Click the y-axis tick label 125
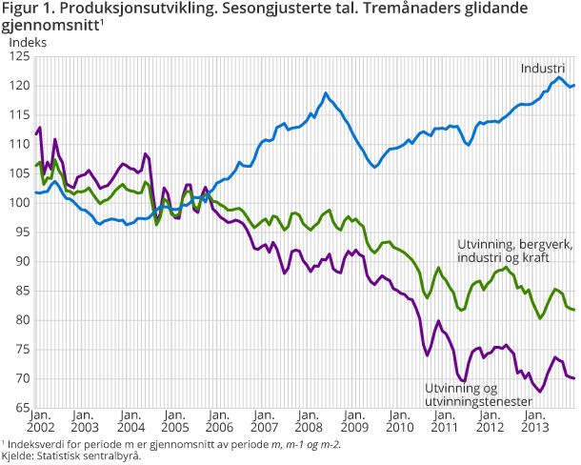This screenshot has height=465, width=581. click(x=18, y=57)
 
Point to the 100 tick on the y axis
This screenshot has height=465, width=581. click(x=18, y=203)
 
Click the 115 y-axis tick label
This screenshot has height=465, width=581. click(x=18, y=115)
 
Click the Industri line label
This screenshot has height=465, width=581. click(x=543, y=69)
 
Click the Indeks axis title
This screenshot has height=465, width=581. click(x=27, y=42)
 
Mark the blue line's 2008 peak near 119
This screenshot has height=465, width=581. click(x=326, y=93)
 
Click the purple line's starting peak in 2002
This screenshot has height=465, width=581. click(x=39, y=128)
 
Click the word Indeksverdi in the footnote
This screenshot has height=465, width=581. click(x=34, y=444)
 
